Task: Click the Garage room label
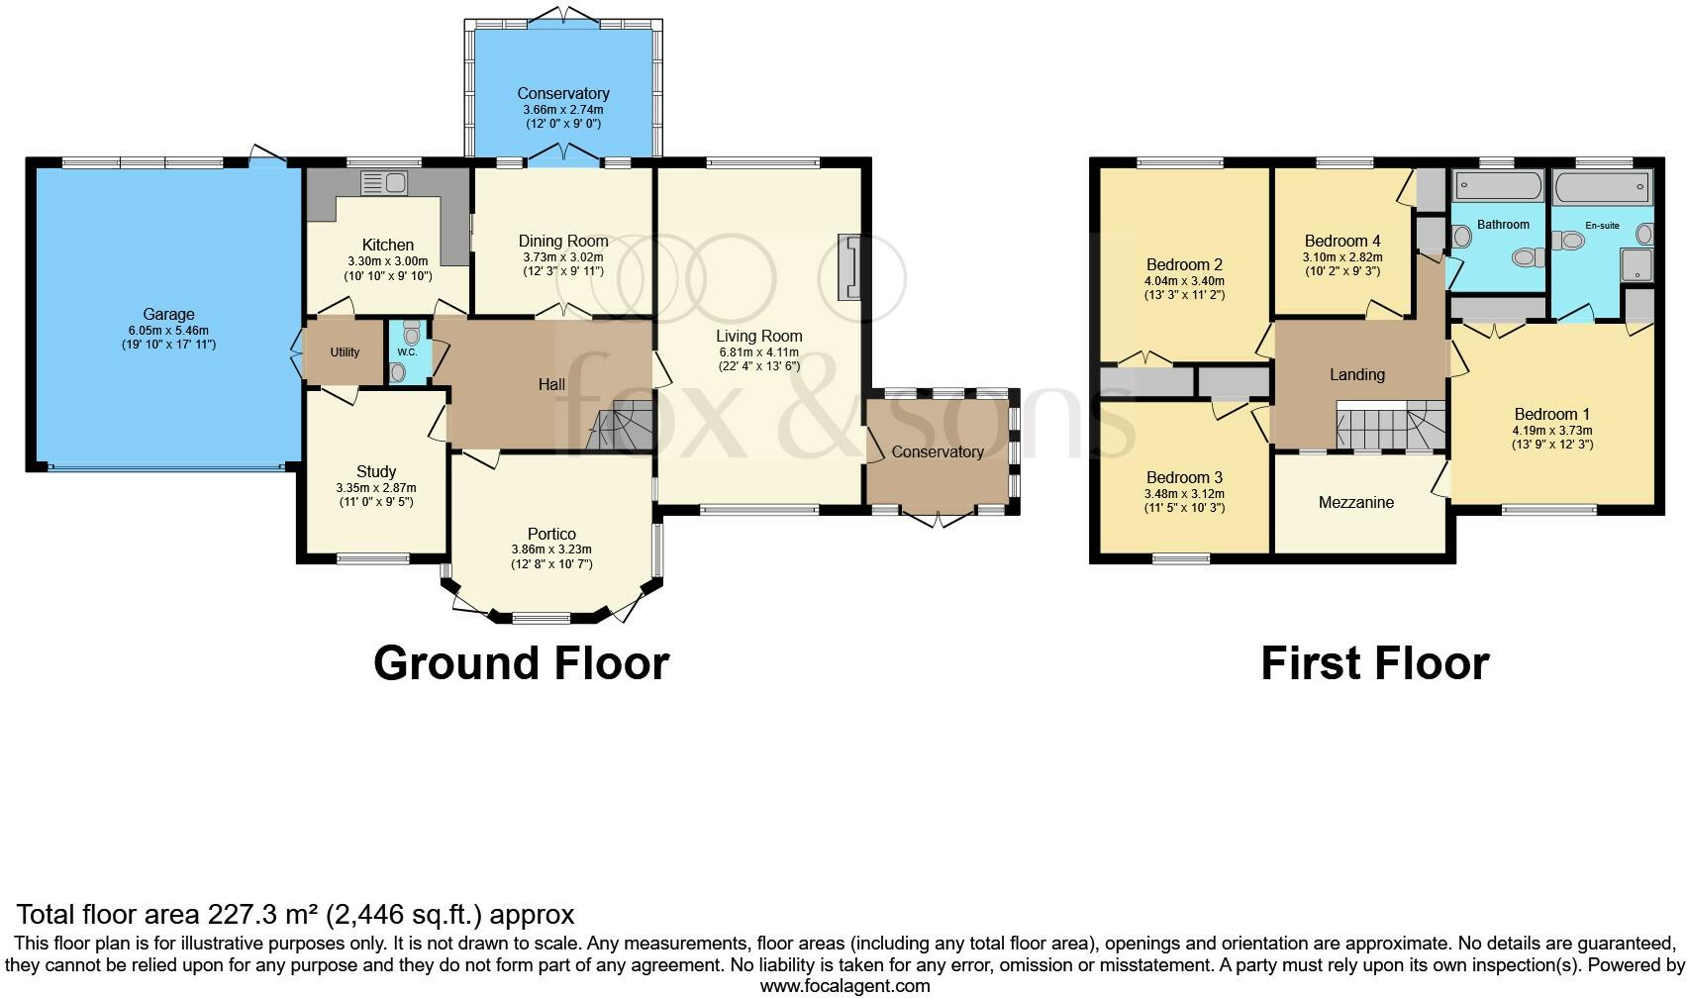[168, 315]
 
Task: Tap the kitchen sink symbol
[384, 183]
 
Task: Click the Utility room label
[345, 352]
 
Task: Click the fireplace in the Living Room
[849, 267]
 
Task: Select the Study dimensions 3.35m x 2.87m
[376, 488]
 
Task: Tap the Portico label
[551, 534]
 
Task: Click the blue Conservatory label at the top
[563, 94]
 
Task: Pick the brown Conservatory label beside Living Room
[938, 451]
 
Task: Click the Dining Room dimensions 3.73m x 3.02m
[563, 256]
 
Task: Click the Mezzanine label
[1356, 502]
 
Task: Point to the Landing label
[1357, 374]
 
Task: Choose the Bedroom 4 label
[1342, 241]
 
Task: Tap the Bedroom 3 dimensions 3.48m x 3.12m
[1184, 494]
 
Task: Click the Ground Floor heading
[522, 662]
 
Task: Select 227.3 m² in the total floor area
[264, 914]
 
